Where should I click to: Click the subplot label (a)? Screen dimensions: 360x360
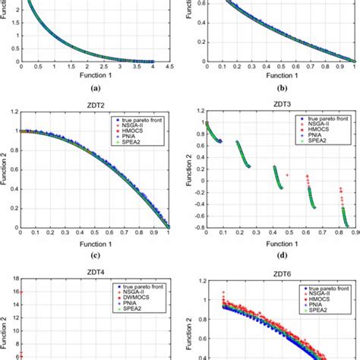[90, 90]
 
